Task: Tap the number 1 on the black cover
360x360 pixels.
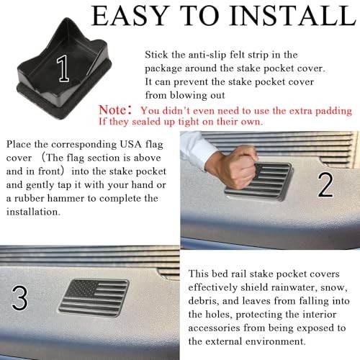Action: click(x=63, y=68)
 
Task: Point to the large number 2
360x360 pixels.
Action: click(x=325, y=185)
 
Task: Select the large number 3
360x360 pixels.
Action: click(x=19, y=297)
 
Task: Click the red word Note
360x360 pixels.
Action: click(x=112, y=110)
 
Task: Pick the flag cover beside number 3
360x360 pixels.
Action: click(x=94, y=297)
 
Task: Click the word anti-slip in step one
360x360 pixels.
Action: click(x=207, y=55)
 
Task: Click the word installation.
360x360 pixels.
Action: click(x=33, y=212)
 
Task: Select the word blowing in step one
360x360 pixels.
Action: click(x=189, y=96)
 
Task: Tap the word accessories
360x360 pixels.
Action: click(x=214, y=328)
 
